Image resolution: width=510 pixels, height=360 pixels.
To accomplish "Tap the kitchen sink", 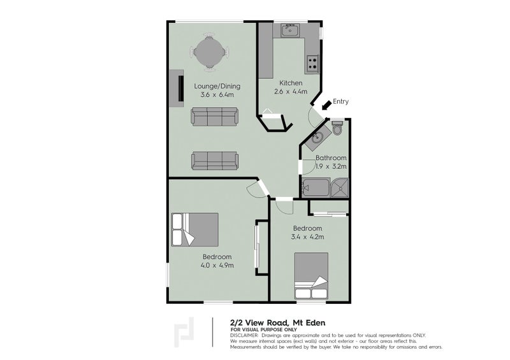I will click(290, 29).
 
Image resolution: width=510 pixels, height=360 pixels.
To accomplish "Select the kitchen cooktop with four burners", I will click(312, 62).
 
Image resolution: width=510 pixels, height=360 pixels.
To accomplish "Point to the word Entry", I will click(340, 101).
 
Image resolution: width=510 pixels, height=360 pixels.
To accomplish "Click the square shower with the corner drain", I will click(340, 187).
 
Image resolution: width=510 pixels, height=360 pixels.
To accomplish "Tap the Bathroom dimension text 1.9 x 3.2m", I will click(331, 166).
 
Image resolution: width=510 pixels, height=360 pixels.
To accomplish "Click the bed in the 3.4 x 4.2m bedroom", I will click(311, 275).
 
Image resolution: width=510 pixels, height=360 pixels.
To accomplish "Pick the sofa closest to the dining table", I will click(214, 117).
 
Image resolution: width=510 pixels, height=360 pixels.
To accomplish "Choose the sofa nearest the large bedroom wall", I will click(214, 160).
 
